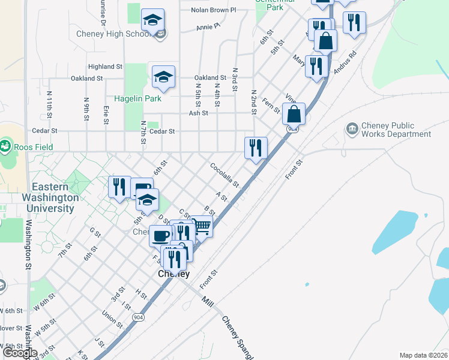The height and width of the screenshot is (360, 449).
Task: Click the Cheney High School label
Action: pos(113,34)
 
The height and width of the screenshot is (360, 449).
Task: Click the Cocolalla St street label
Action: pos(224,174)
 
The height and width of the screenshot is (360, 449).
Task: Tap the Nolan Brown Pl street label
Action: pos(214,10)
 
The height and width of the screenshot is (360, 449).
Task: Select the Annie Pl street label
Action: pos(208,27)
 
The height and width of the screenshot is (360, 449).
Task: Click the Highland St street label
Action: pos(105,67)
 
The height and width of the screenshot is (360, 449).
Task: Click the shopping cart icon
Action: pos(202,226)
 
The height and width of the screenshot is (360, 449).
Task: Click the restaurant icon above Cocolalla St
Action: pos(256,148)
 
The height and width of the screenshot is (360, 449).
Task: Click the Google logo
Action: pos(20,353)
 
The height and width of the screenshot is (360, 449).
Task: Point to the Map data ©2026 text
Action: pos(423,355)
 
